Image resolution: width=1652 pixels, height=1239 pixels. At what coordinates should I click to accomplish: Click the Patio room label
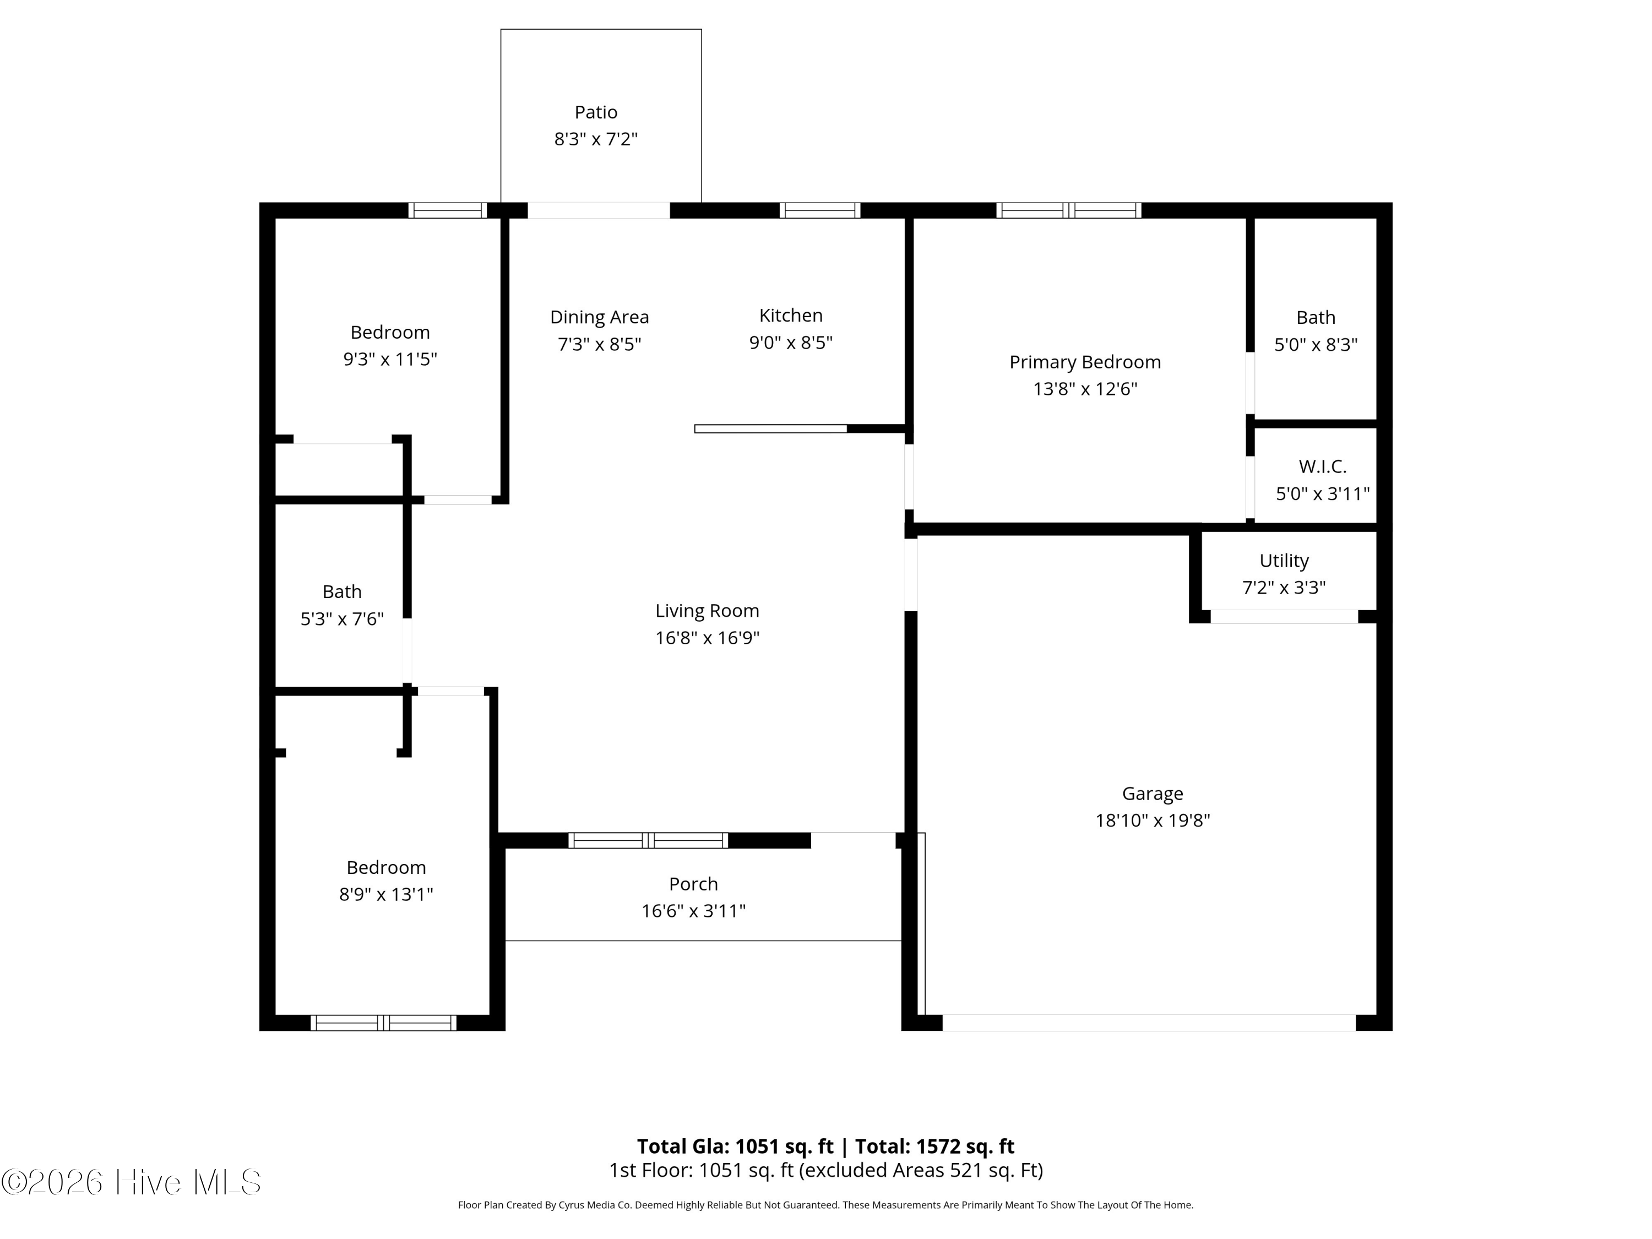click(596, 112)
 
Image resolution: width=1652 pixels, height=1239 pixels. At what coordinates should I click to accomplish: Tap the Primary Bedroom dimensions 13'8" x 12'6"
click(1085, 389)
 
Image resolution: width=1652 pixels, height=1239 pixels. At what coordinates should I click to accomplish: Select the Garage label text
click(1153, 794)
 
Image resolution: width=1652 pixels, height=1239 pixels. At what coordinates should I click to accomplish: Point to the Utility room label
click(1284, 561)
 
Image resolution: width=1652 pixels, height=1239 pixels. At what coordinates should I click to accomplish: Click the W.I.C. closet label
click(1323, 467)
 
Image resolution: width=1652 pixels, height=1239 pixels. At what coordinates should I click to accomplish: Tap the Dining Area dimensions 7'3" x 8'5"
click(600, 344)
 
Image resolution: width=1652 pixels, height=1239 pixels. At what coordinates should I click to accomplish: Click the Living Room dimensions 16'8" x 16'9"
click(707, 638)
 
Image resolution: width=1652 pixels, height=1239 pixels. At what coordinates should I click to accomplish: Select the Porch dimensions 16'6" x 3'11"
click(694, 911)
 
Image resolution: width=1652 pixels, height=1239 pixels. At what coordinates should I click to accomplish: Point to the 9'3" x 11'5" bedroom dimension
click(390, 359)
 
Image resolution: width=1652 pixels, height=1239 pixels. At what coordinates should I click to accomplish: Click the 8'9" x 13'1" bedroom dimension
click(386, 895)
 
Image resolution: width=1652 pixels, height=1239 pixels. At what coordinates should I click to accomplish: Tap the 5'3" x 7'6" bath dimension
click(342, 619)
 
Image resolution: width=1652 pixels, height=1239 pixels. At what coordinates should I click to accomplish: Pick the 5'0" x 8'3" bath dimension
click(1316, 345)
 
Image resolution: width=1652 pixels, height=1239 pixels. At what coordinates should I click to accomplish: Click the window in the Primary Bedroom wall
click(1069, 210)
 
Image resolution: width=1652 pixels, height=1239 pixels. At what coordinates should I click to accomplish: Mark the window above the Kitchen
click(820, 210)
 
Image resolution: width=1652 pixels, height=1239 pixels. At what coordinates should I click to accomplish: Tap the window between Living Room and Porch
click(648, 840)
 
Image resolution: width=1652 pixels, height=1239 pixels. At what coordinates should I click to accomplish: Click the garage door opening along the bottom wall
click(1149, 1023)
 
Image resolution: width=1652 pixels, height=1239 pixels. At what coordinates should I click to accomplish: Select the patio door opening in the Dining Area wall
click(599, 210)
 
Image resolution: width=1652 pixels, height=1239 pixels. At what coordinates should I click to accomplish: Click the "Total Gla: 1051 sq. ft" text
click(735, 1146)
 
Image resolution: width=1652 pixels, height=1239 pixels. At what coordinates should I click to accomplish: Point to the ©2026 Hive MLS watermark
click(132, 1182)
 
